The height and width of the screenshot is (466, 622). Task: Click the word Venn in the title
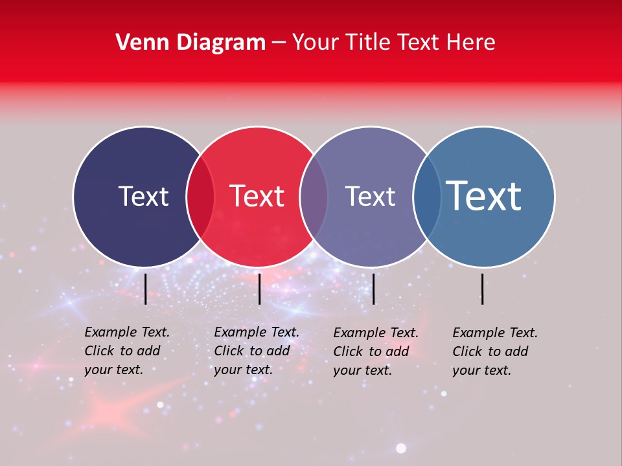pos(139,43)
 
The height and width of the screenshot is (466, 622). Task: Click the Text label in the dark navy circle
pos(143,196)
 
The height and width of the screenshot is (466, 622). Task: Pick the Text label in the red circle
pos(257,196)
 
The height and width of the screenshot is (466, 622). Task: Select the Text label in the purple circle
pos(370,196)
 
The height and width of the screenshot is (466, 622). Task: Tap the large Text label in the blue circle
pos(484,196)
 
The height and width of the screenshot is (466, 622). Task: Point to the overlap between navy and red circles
pos(200,197)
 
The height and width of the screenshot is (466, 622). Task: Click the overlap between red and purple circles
pos(314,197)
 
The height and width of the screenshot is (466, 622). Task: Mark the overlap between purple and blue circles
pos(427,197)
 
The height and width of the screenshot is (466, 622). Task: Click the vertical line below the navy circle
pos(146,289)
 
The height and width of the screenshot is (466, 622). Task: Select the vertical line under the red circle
pos(259,289)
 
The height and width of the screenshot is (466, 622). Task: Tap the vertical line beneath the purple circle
pos(374,289)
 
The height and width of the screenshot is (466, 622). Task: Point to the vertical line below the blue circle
pos(483,289)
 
